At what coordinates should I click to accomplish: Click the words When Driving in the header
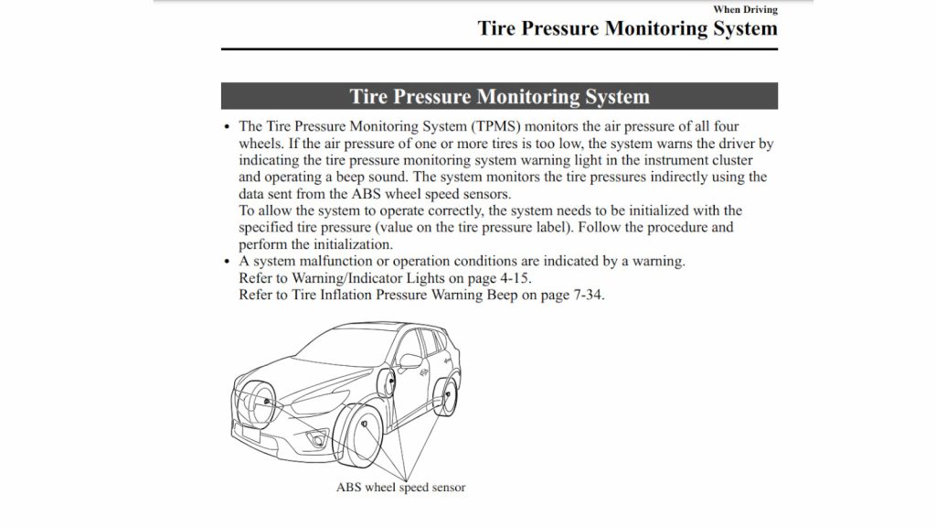(745, 9)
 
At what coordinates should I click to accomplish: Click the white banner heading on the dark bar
(499, 97)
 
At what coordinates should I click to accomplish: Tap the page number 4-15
(511, 277)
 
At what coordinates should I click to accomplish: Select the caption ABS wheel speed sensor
(401, 487)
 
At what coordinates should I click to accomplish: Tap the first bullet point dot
(227, 127)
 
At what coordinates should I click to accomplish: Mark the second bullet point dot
(227, 261)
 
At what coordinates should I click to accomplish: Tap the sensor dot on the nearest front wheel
(365, 425)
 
